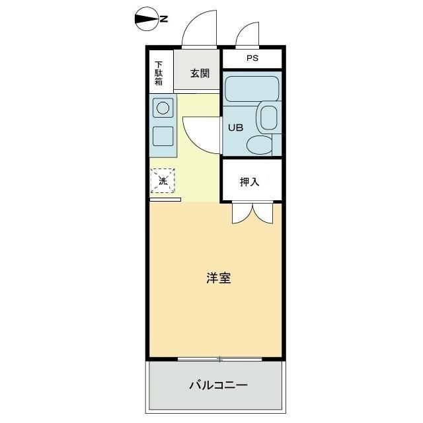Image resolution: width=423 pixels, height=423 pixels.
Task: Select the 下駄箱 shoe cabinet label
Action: (x=159, y=73)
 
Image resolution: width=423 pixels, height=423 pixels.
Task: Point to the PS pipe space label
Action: (x=252, y=58)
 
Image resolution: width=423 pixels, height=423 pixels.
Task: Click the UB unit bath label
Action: (x=235, y=128)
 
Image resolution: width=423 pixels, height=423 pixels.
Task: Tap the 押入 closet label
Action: (x=249, y=181)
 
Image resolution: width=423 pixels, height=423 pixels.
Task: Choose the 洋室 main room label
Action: (x=217, y=278)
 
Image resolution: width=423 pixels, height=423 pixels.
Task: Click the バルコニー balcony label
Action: (x=217, y=385)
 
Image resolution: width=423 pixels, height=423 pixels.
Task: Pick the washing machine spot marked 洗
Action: (x=163, y=180)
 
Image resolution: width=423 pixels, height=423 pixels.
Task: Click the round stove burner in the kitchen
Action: (x=163, y=106)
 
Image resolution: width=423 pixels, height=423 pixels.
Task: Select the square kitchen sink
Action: (x=163, y=135)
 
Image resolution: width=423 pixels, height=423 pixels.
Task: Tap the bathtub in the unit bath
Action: (x=250, y=88)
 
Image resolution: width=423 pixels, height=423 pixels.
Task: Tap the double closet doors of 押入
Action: (x=251, y=211)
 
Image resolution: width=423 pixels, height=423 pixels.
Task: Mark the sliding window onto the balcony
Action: (x=219, y=359)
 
